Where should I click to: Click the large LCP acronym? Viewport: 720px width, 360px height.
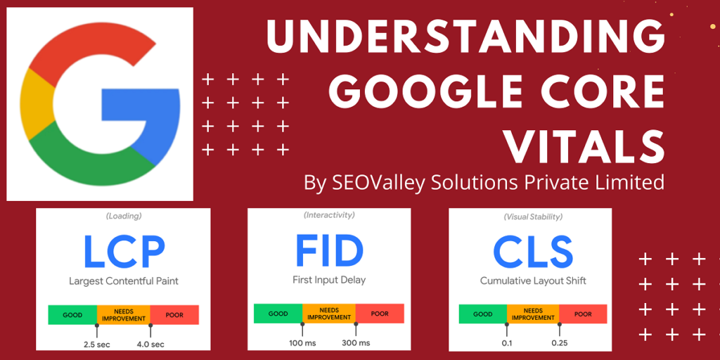pos(123,252)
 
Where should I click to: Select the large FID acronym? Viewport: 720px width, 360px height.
pos(328,250)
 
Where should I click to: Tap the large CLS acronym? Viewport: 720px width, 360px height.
pos(532,252)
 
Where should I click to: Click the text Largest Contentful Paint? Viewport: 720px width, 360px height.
pos(123,281)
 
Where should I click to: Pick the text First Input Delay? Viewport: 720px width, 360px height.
pos(328,280)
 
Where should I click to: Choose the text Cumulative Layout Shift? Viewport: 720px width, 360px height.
pos(533,281)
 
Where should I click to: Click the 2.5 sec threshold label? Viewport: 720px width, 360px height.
pos(96,344)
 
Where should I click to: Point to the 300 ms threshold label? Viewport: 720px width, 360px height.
pos(355,342)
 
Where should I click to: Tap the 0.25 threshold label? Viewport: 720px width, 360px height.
pos(559,343)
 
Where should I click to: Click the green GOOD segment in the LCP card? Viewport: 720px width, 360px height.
pos(72,315)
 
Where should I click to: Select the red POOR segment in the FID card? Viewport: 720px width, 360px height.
pos(380,314)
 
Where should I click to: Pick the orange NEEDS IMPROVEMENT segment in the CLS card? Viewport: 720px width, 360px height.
pos(533,314)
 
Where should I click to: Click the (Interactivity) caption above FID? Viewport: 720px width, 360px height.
pos(329,215)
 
